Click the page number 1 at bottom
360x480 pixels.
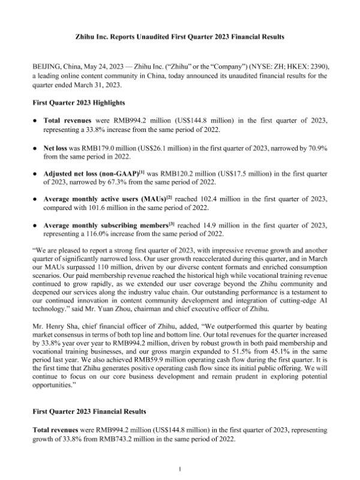pyautogui.click(x=180, y=467)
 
